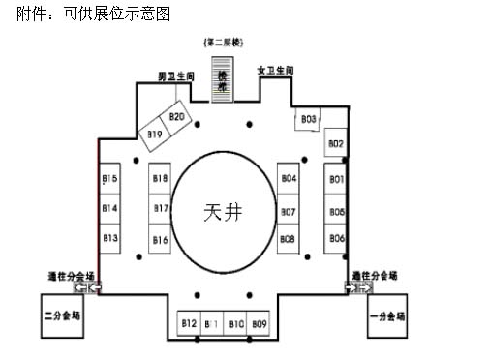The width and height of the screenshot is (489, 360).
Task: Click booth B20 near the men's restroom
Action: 176,118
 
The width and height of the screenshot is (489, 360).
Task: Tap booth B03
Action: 308,119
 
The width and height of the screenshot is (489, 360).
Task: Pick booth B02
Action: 335,145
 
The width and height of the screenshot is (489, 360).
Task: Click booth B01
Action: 336,179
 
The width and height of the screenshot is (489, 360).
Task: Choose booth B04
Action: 288,179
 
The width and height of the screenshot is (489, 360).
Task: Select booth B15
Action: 109,179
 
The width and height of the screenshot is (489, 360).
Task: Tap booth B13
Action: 109,238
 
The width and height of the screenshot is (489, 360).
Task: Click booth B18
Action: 161,179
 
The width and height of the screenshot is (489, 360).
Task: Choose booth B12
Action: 189,323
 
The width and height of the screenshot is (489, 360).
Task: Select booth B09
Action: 259,323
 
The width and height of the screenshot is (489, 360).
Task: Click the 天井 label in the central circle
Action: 222,213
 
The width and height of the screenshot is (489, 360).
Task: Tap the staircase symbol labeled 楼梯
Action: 223,79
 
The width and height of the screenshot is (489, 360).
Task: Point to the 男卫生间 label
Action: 177,75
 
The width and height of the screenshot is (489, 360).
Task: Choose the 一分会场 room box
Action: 387,315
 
